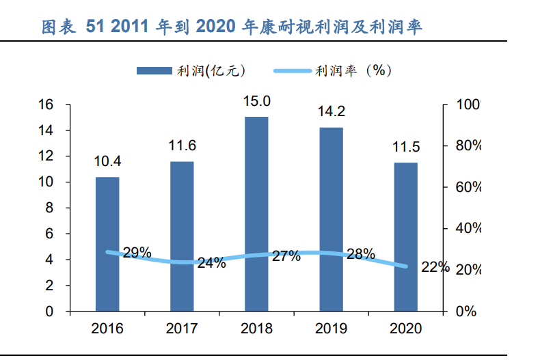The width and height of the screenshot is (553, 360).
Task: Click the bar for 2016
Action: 107,244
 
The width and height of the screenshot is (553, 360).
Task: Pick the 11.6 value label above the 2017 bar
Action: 183,146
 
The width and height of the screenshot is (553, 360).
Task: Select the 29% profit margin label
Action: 137,253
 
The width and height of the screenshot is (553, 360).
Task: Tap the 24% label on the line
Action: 211,263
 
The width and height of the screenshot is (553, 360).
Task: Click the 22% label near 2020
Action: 435,267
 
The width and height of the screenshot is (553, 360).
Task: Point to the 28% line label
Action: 361,253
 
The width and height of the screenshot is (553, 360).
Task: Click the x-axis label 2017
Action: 182,329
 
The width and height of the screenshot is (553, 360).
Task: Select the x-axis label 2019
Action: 331,329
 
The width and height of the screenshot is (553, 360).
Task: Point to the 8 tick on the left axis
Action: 49,208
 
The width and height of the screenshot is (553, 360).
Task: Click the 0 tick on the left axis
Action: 49,311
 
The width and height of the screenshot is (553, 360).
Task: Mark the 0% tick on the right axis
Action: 466,311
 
